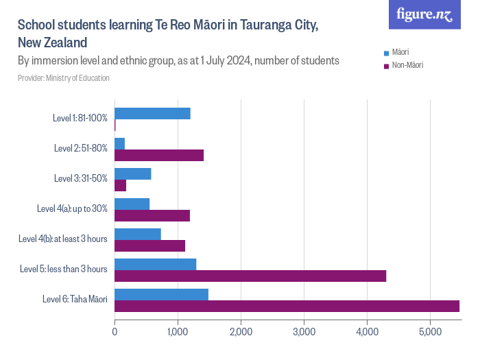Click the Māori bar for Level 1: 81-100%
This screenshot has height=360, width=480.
[x=152, y=114]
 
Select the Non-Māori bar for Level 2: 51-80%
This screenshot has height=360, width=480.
[x=159, y=156]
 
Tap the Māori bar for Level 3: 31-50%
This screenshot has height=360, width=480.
[x=133, y=173]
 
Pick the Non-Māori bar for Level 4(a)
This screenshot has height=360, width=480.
[x=152, y=216]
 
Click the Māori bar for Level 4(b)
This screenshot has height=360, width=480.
[x=138, y=234]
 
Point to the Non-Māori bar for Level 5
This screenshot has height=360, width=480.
[x=250, y=276]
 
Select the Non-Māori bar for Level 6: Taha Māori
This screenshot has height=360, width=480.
[x=287, y=306]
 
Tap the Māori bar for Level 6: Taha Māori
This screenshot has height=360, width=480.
[x=161, y=294]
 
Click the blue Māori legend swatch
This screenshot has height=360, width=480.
[x=387, y=53]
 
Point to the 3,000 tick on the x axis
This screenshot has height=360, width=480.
[x=304, y=333]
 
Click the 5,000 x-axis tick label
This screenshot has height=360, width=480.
[x=430, y=333]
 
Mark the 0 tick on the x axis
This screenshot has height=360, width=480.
[x=115, y=333]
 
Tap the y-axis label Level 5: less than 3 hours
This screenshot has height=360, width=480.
[x=64, y=269]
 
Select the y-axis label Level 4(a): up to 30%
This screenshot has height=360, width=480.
[x=72, y=208]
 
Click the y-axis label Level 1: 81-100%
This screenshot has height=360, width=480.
[x=80, y=118]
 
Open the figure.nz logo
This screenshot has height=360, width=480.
[x=425, y=14]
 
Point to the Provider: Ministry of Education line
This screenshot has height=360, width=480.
[x=64, y=78]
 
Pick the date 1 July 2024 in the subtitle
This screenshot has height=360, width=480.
[x=219, y=60]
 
